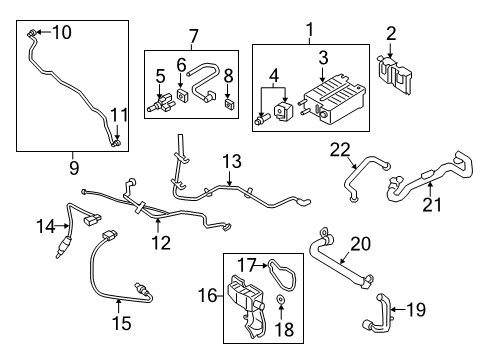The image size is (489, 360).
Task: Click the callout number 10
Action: (x=62, y=32)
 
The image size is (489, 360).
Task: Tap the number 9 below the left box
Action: (x=74, y=167)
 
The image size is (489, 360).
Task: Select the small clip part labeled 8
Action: (x=229, y=104)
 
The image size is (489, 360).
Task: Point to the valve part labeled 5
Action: (x=162, y=103)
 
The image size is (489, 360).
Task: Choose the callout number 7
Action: (x=193, y=37)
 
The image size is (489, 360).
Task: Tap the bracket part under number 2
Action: (x=394, y=74)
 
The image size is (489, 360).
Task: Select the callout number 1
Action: (x=310, y=30)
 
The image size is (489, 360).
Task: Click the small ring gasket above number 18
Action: (x=281, y=300)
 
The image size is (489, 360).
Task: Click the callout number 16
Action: (x=208, y=295)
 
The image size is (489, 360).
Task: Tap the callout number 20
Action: (x=361, y=244)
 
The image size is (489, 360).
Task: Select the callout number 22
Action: (x=340, y=150)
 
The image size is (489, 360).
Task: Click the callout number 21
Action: (x=432, y=204)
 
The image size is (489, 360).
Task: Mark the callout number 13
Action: (x=232, y=161)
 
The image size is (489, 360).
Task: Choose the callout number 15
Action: (x=122, y=323)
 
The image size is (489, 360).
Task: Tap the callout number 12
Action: (x=161, y=242)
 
